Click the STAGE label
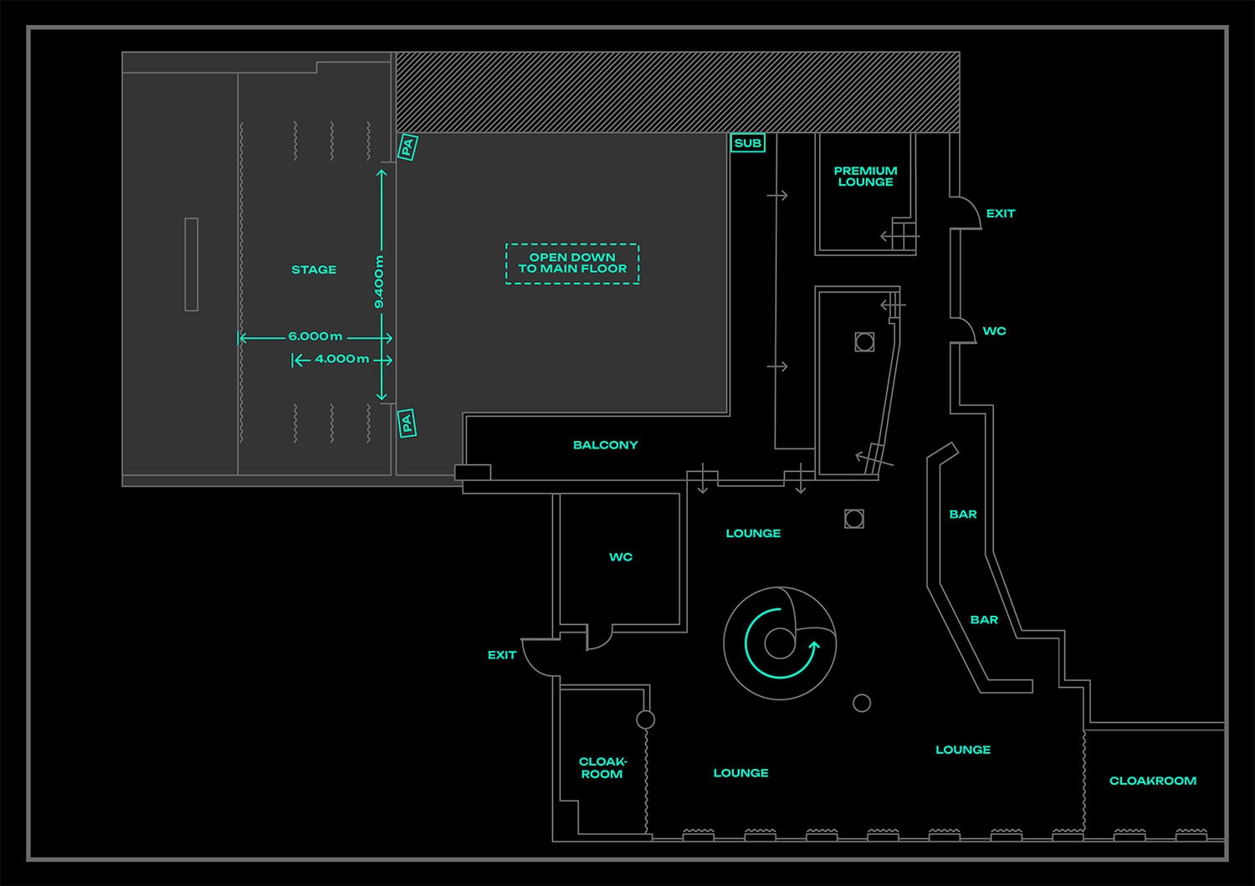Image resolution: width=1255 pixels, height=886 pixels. tap(314, 269)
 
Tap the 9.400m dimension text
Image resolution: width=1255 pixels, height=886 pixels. tap(379, 283)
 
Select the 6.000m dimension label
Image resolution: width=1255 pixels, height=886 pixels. tap(315, 336)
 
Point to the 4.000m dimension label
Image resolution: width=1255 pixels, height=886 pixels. tap(341, 359)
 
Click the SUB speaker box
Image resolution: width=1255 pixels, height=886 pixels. tap(747, 143)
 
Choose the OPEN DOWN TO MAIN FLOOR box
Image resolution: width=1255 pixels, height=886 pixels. tap(572, 264)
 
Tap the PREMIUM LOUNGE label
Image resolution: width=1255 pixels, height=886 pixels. tap(865, 177)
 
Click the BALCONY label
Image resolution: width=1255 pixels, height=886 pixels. tap(605, 445)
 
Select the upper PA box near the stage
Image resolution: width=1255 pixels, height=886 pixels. tap(407, 147)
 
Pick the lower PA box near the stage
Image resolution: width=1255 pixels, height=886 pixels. tap(407, 423)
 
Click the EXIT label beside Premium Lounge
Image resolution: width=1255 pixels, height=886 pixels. tap(1000, 213)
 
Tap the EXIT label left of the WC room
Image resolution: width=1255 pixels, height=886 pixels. tap(502, 655)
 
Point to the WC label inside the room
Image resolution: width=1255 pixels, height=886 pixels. tap(621, 557)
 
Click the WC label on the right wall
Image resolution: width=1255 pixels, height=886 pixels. tap(994, 331)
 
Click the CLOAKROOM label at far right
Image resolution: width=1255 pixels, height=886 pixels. tap(1152, 781)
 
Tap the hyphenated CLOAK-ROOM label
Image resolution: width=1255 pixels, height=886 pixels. tap(602, 768)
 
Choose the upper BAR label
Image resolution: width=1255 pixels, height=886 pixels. tap(963, 515)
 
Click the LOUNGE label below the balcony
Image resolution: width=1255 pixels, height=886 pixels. tap(753, 533)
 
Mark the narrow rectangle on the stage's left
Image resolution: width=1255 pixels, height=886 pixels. tap(192, 264)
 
